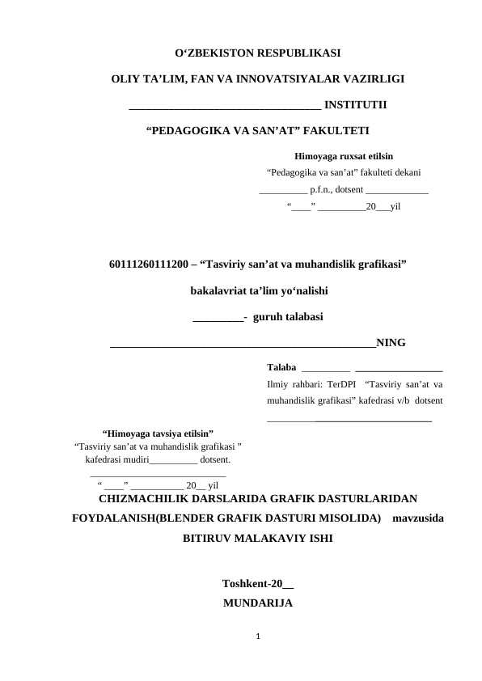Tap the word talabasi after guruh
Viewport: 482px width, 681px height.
[302, 315]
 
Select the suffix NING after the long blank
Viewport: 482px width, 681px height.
[390, 341]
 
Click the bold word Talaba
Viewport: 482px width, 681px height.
[281, 366]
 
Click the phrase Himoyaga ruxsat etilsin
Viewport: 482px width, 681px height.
[344, 154]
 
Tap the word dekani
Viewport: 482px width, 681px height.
[402, 171]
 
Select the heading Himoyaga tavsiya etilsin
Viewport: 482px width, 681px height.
[159, 433]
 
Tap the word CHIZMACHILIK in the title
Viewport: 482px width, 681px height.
[152, 497]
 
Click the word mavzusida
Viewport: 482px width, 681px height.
[416, 517]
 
